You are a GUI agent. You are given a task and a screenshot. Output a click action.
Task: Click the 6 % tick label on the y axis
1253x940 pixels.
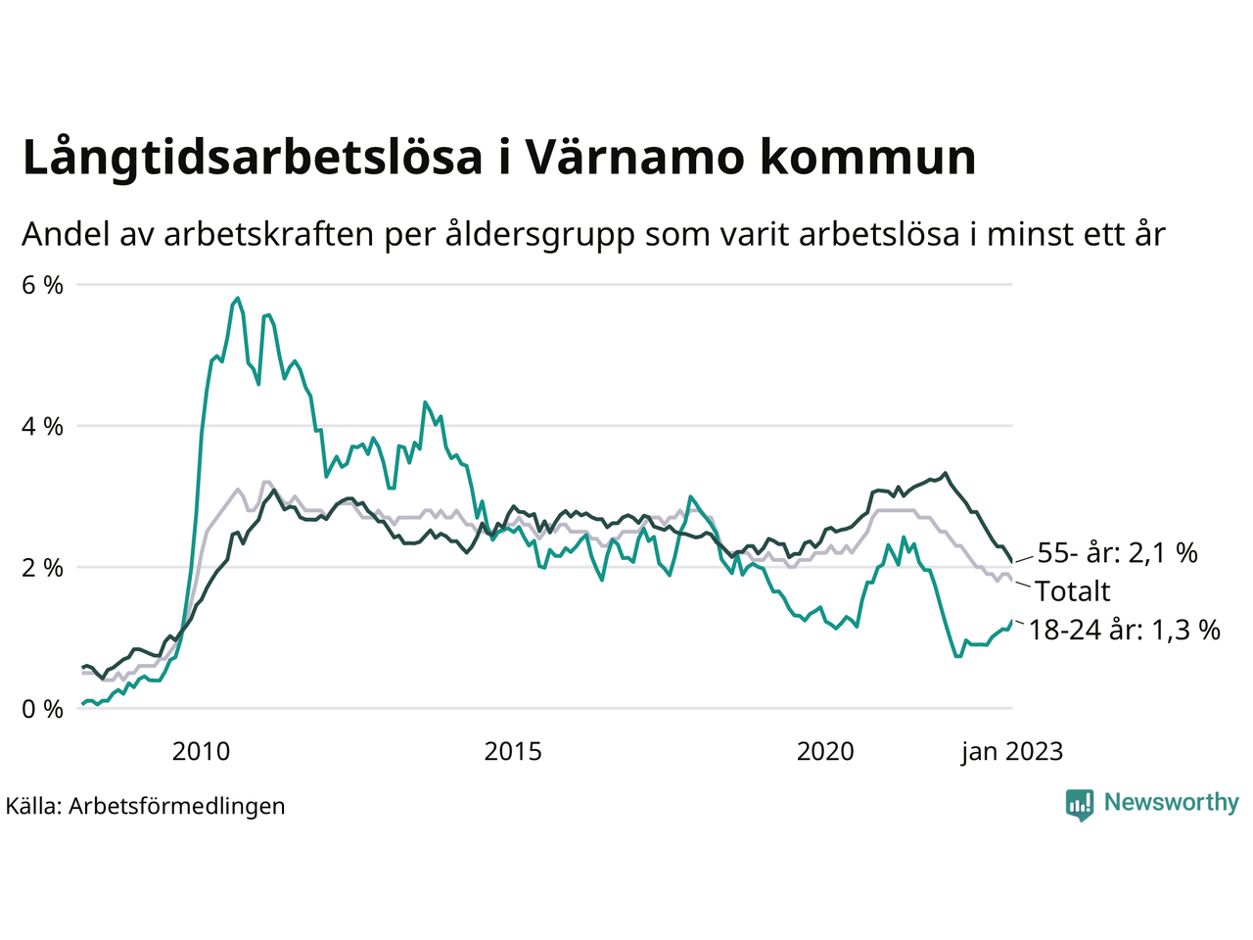42,285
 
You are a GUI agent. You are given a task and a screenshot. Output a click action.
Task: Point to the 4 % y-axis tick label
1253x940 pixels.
42,426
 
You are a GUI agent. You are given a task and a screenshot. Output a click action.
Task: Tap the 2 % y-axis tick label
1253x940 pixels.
42,567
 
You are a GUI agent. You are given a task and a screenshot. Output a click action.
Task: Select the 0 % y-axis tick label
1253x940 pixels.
42,708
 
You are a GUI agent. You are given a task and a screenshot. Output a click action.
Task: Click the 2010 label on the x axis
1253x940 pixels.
201,751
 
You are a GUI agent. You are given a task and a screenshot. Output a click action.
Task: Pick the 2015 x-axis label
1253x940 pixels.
513,751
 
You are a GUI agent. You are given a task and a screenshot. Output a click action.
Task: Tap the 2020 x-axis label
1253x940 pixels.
825,751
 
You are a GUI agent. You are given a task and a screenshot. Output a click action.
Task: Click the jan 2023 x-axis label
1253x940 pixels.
1011,751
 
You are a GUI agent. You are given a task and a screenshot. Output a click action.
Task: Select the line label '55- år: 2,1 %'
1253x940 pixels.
1117,553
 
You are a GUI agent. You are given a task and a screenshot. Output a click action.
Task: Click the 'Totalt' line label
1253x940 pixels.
1073,591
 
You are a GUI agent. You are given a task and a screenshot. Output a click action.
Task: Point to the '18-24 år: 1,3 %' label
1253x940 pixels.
1125,630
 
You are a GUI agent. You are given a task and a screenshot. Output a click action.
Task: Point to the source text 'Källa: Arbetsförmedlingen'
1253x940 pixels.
145,806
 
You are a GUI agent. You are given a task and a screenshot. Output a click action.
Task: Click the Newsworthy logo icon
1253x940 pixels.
1080,804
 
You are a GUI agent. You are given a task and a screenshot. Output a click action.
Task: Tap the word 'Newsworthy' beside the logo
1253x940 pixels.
1171,803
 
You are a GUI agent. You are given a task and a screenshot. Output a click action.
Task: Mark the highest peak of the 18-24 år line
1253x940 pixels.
238,298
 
